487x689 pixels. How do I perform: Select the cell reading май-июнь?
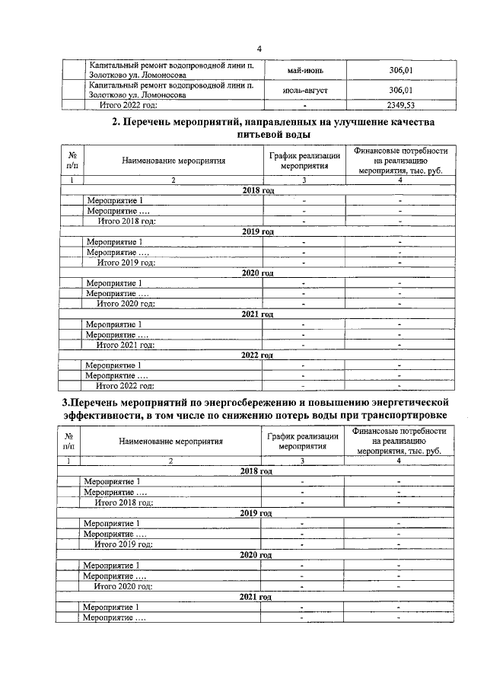[x=304, y=71]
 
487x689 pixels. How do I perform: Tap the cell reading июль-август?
[x=304, y=91]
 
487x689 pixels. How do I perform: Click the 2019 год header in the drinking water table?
[x=256, y=231]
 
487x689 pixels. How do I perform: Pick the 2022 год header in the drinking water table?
[x=256, y=355]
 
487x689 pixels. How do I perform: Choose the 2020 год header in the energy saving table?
[x=256, y=555]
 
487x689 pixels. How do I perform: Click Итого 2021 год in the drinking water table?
[x=126, y=345]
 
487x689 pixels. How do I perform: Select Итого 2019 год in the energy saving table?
[x=123, y=544]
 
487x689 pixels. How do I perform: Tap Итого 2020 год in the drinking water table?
[x=126, y=304]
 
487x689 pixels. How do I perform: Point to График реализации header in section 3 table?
[x=302, y=435]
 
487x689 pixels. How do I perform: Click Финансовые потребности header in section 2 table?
[x=400, y=152]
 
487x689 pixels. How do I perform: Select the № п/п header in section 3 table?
[x=69, y=441]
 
